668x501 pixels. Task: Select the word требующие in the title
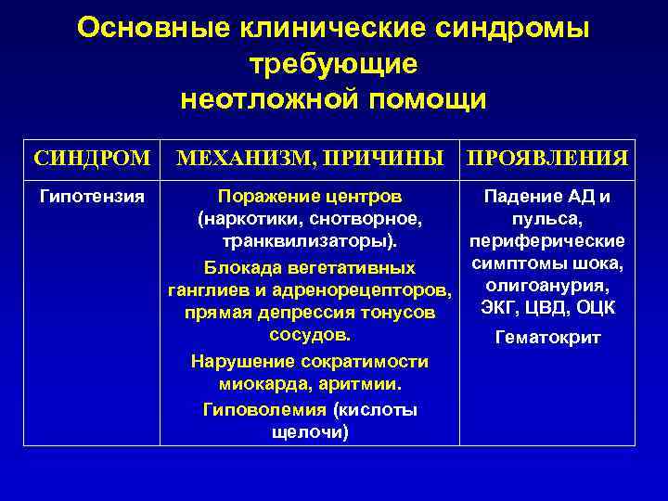click(334, 63)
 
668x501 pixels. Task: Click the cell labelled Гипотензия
click(91, 197)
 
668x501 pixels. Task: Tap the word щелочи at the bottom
click(309, 432)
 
